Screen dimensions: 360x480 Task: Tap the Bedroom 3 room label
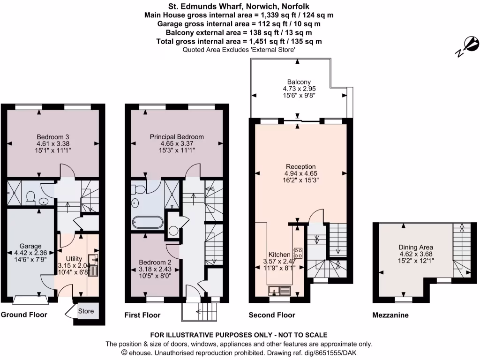52,137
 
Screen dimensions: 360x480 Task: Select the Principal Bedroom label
177,137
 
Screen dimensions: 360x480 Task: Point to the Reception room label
301,166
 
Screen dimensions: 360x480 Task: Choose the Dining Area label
416,247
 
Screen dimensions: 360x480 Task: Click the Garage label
30,246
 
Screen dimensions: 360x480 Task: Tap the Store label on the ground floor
86,311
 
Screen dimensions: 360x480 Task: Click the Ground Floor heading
24,315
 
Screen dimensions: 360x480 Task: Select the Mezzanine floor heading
390,315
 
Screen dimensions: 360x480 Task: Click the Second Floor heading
272,315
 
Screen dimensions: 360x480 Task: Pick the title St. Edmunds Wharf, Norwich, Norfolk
240,7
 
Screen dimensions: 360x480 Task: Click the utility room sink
93,269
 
